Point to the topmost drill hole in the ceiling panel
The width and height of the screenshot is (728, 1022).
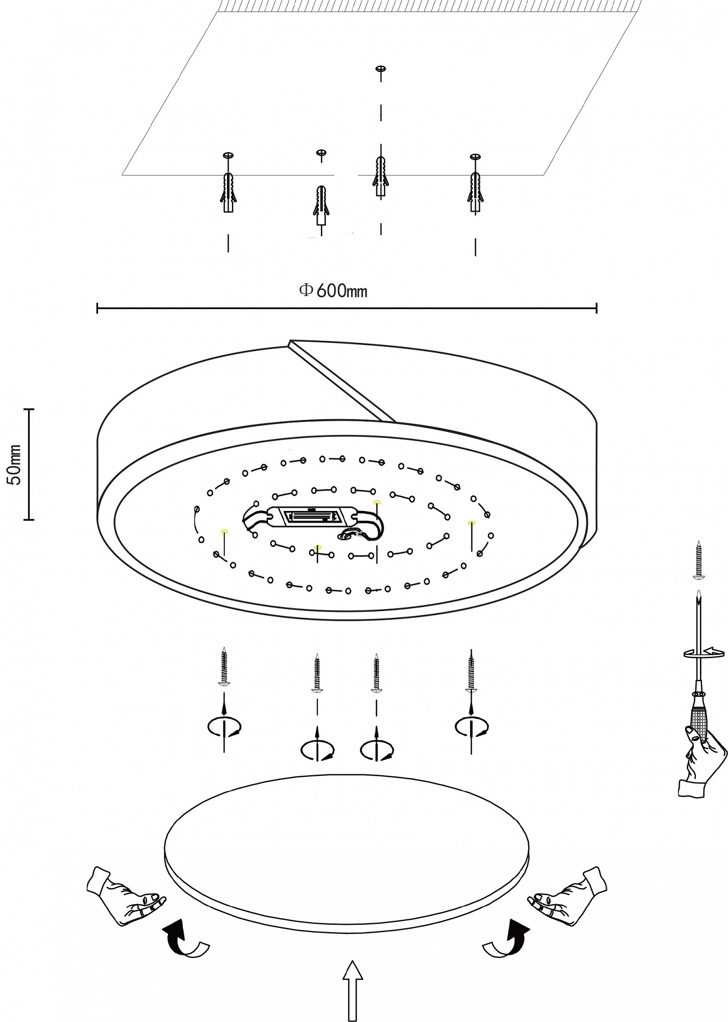(380, 68)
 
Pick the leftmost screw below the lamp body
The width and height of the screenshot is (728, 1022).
(224, 666)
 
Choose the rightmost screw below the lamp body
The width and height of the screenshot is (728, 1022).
(471, 670)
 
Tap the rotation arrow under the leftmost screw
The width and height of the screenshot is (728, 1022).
(224, 727)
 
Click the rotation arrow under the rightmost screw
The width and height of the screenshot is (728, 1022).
(472, 727)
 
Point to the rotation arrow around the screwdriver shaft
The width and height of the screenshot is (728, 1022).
(704, 653)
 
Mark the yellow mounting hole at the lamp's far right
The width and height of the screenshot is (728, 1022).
(471, 522)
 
